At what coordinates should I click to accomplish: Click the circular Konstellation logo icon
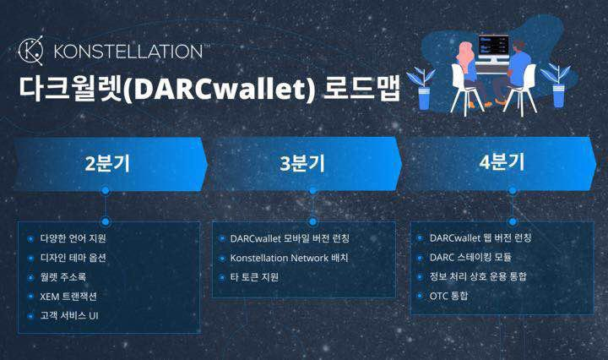[x=32, y=51]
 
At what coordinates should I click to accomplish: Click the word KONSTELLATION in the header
[x=128, y=52]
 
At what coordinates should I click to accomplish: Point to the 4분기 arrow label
[x=502, y=162]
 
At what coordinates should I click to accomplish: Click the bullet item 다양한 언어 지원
[x=73, y=238]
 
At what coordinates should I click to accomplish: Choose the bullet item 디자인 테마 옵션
[x=73, y=258]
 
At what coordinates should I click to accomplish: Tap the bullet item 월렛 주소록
[x=63, y=276]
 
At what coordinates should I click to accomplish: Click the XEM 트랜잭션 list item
[x=68, y=296]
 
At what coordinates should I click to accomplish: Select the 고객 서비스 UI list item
[x=70, y=315]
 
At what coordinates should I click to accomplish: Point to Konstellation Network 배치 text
[x=289, y=258]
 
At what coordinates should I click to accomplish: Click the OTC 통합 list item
[x=442, y=296]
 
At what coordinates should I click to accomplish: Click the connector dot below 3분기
[x=312, y=191]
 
